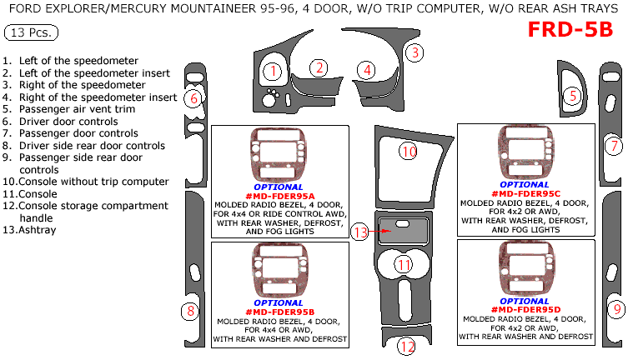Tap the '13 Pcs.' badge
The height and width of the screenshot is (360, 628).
point(31,33)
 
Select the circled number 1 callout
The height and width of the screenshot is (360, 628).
point(272,72)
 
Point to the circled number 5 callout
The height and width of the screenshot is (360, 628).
point(573,96)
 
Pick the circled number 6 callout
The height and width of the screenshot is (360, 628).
point(193,98)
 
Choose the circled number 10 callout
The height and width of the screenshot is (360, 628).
point(407,152)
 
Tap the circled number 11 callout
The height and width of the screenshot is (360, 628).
point(404,265)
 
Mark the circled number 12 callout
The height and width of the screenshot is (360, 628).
point(406,346)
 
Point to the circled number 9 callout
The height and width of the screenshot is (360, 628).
point(616,309)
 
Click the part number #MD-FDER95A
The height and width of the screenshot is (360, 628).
point(279,194)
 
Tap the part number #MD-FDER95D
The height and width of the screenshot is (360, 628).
point(525,308)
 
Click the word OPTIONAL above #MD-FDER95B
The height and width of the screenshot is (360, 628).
point(279,302)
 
